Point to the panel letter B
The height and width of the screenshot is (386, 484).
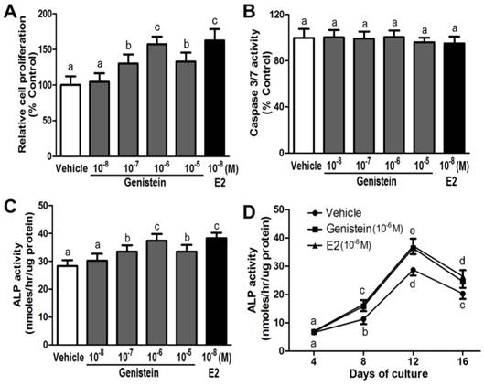click(x=250, y=10)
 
